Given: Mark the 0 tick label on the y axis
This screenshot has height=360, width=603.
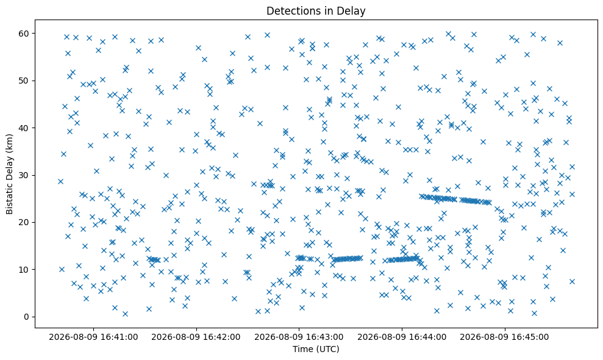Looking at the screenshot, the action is pyautogui.click(x=27, y=317).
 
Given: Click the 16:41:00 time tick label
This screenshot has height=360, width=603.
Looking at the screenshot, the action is pyautogui.click(x=93, y=337).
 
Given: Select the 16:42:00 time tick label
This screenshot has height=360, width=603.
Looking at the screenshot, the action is pyautogui.click(x=196, y=337).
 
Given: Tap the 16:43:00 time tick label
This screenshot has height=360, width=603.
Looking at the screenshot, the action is pyautogui.click(x=299, y=337).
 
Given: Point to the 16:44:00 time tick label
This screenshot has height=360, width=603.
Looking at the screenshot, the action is pyautogui.click(x=402, y=337).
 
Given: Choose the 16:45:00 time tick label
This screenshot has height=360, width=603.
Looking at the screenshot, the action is pyautogui.click(x=505, y=337).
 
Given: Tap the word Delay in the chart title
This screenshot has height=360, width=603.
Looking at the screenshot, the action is pyautogui.click(x=354, y=11).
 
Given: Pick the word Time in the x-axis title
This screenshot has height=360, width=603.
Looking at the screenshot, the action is pyautogui.click(x=302, y=349).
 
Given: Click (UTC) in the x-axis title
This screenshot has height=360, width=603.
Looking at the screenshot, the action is pyautogui.click(x=327, y=349).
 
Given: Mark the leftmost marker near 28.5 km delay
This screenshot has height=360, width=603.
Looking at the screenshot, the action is pyautogui.click(x=60, y=181).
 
